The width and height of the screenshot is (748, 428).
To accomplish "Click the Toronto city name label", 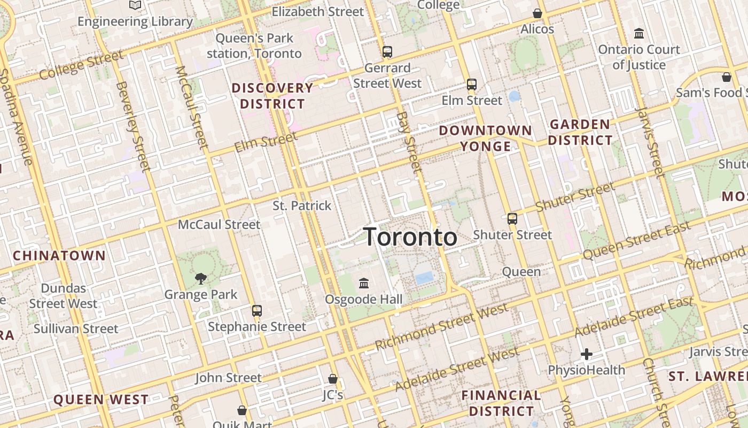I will point(410,237).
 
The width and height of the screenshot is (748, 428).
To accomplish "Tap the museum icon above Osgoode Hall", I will point(364,282).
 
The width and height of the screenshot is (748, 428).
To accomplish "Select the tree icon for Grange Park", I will point(201,278).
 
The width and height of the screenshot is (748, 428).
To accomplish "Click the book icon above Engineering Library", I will point(135,5).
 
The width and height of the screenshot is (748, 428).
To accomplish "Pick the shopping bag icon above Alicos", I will point(537,13).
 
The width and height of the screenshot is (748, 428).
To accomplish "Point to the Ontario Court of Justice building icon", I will point(638,34).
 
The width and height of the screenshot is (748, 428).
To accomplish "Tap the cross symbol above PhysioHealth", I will point(587,354).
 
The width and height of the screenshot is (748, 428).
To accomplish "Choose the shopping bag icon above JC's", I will point(333,379).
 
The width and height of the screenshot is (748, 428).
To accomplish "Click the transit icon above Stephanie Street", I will point(257,310).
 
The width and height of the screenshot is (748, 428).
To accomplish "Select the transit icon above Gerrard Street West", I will point(387,52).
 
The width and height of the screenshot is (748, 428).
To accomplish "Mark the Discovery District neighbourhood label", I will point(272,95).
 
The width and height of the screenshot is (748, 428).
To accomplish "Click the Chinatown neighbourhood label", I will point(59,255).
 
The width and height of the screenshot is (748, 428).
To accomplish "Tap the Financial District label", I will point(501,403).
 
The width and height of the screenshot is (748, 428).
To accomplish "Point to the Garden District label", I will point(580,132).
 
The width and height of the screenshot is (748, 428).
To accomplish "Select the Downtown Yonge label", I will point(486,138).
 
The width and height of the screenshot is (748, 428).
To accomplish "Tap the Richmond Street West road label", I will point(441,327).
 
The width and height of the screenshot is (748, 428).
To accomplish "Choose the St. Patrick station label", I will point(302,205).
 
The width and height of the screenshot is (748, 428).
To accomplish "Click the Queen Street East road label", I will point(636,241).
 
